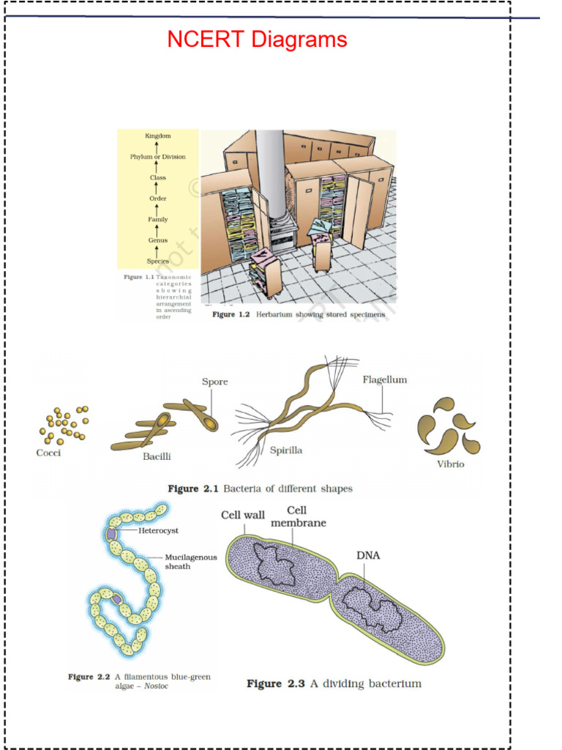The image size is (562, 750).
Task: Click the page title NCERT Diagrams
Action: click(257, 40)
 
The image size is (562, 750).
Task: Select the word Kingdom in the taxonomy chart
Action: click(157, 136)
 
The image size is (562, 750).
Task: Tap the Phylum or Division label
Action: click(157, 157)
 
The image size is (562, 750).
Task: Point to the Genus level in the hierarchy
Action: click(157, 240)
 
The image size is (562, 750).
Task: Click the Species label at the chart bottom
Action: click(157, 261)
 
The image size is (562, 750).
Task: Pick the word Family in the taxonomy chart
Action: click(157, 220)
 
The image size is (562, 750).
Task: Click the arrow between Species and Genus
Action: click(157, 251)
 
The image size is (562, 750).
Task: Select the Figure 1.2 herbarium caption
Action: click(298, 314)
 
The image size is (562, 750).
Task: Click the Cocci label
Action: click(49, 453)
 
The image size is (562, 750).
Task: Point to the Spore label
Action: click(214, 382)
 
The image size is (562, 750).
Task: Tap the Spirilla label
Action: click(286, 450)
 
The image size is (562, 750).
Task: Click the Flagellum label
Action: click(385, 379)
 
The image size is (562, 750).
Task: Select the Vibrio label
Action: click(451, 464)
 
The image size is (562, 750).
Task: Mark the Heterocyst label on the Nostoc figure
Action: click(158, 530)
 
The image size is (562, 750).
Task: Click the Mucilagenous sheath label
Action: click(190, 562)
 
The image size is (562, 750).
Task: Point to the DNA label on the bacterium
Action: click(368, 555)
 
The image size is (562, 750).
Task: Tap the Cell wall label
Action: click(243, 516)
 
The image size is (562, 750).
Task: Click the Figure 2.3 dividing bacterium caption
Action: click(334, 683)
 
